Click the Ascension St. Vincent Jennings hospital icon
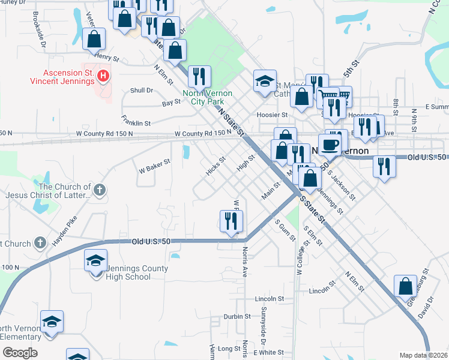(x=103, y=76)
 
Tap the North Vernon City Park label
(x=203, y=98)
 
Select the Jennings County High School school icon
(x=95, y=261)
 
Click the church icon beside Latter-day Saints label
(x=100, y=191)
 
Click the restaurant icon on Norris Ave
(x=231, y=222)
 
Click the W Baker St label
(x=155, y=162)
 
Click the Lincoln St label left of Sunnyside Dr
(x=269, y=298)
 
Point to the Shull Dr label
(x=142, y=91)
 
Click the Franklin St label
(x=136, y=120)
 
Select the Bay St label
(x=171, y=103)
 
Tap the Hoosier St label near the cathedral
(x=273, y=115)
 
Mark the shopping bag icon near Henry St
(x=94, y=41)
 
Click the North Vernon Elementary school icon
(x=52, y=322)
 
